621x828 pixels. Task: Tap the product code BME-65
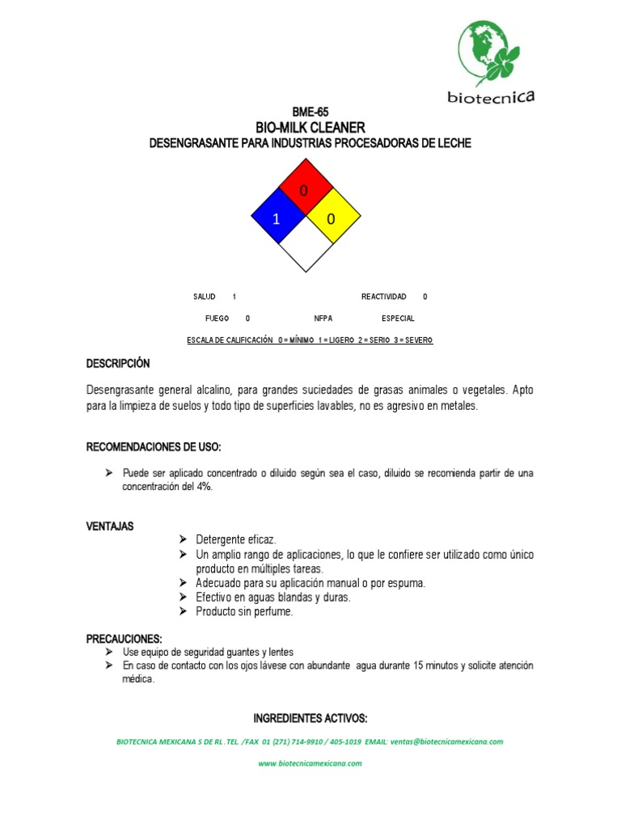(x=310, y=112)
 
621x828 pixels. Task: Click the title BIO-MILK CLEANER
(x=310, y=128)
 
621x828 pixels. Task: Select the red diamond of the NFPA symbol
(x=305, y=188)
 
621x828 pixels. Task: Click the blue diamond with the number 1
(x=277, y=218)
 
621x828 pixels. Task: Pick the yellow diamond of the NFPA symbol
(x=332, y=218)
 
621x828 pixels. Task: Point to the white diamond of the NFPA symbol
(x=305, y=246)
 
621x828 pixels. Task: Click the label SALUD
(x=205, y=298)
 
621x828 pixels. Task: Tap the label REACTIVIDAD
(x=383, y=298)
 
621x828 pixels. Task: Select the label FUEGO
(x=218, y=319)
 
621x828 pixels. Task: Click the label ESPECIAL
(x=398, y=319)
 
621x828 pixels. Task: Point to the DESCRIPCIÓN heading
(x=118, y=365)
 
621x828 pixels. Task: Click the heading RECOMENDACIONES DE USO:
(x=154, y=447)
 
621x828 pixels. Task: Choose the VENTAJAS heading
(x=110, y=526)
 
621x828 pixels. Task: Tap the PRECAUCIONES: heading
(x=125, y=639)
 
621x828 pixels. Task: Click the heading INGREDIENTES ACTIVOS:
(x=310, y=718)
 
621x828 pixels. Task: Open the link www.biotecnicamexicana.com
(x=310, y=764)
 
